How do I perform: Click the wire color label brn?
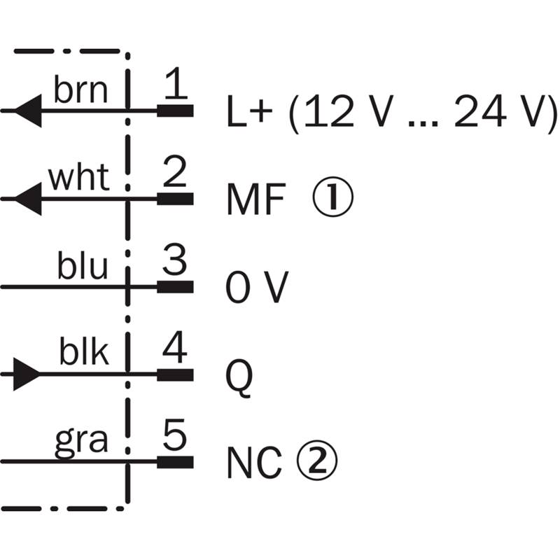coord(81,91)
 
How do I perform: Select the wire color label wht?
coord(79,179)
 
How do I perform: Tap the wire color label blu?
coord(83,267)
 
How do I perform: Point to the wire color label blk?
coord(84,354)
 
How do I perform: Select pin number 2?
coord(176,173)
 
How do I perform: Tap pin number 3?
coord(176,260)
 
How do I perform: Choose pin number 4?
coord(176,348)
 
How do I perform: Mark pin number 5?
coord(176,435)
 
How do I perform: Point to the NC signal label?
coord(254,461)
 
